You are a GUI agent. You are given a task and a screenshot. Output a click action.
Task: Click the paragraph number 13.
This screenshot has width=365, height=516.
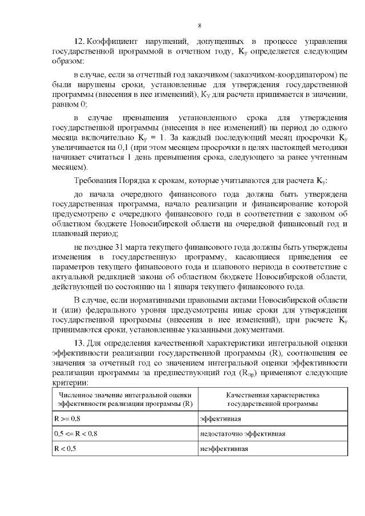[81, 343]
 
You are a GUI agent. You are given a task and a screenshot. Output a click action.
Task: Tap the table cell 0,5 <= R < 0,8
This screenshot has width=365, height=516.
[75, 433]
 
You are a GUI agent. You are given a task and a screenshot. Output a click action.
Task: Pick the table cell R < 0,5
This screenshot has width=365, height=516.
[64, 449]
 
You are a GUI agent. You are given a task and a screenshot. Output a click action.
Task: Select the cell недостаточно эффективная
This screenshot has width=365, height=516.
[242, 433]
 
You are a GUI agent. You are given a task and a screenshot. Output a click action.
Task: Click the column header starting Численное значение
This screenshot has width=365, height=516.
[124, 399]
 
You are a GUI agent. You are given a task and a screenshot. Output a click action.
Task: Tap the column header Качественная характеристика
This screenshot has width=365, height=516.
[273, 399]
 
